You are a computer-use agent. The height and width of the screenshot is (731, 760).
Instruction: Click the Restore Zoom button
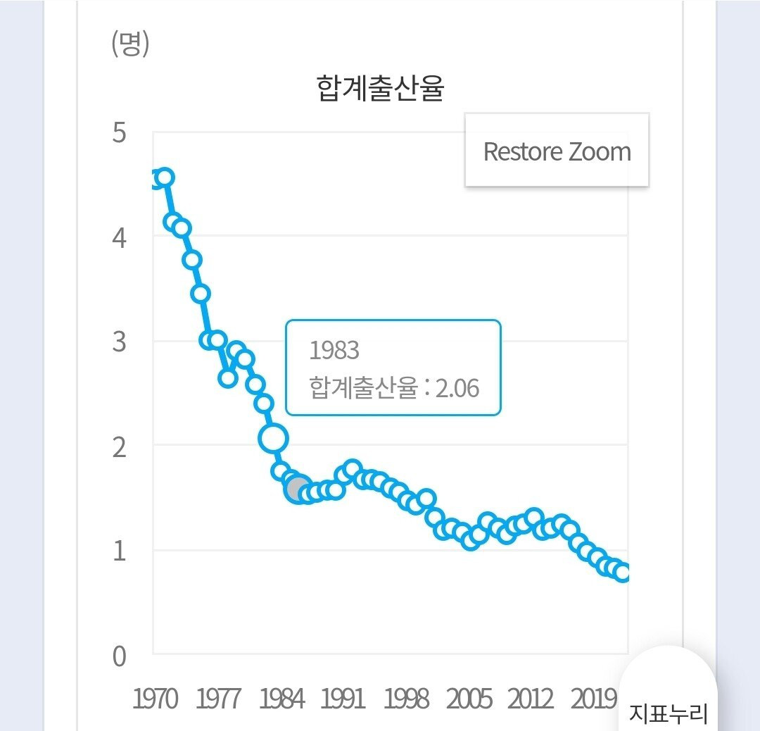pyautogui.click(x=557, y=151)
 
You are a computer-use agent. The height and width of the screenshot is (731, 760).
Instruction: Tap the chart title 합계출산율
pyautogui.click(x=381, y=90)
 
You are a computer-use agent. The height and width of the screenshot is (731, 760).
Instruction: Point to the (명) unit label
pyautogui.click(x=130, y=45)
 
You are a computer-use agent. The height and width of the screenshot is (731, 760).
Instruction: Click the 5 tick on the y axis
pyautogui.click(x=119, y=132)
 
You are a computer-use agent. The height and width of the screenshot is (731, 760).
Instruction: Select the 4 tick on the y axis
pyautogui.click(x=119, y=237)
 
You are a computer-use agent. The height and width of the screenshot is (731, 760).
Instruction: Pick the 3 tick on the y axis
pyautogui.click(x=119, y=342)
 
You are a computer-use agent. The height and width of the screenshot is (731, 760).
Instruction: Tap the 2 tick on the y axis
pyautogui.click(x=119, y=446)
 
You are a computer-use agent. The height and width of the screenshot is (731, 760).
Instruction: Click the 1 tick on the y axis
pyautogui.click(x=119, y=550)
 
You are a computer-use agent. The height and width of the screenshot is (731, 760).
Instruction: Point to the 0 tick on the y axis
pyautogui.click(x=119, y=656)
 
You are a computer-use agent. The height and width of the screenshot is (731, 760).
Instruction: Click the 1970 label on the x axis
pyautogui.click(x=156, y=699)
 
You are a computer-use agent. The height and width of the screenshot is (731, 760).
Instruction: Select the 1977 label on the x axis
pyautogui.click(x=218, y=699)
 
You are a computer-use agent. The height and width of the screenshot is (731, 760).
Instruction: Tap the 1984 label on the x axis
pyautogui.click(x=281, y=699)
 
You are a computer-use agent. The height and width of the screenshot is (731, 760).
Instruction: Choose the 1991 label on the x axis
pyautogui.click(x=343, y=699)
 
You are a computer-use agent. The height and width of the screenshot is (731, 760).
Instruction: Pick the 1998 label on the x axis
pyautogui.click(x=406, y=699)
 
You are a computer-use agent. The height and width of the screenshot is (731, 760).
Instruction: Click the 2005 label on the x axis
pyautogui.click(x=469, y=699)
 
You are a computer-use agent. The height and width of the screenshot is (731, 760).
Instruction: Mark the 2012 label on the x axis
pyautogui.click(x=531, y=699)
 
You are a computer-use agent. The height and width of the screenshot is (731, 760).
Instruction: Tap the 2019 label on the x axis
pyautogui.click(x=593, y=699)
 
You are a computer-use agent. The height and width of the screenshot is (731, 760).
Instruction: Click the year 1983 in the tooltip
pyautogui.click(x=334, y=350)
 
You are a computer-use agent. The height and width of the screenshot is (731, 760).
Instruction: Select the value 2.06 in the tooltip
pyautogui.click(x=457, y=388)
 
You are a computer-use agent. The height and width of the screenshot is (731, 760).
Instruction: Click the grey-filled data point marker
pyautogui.click(x=298, y=488)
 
